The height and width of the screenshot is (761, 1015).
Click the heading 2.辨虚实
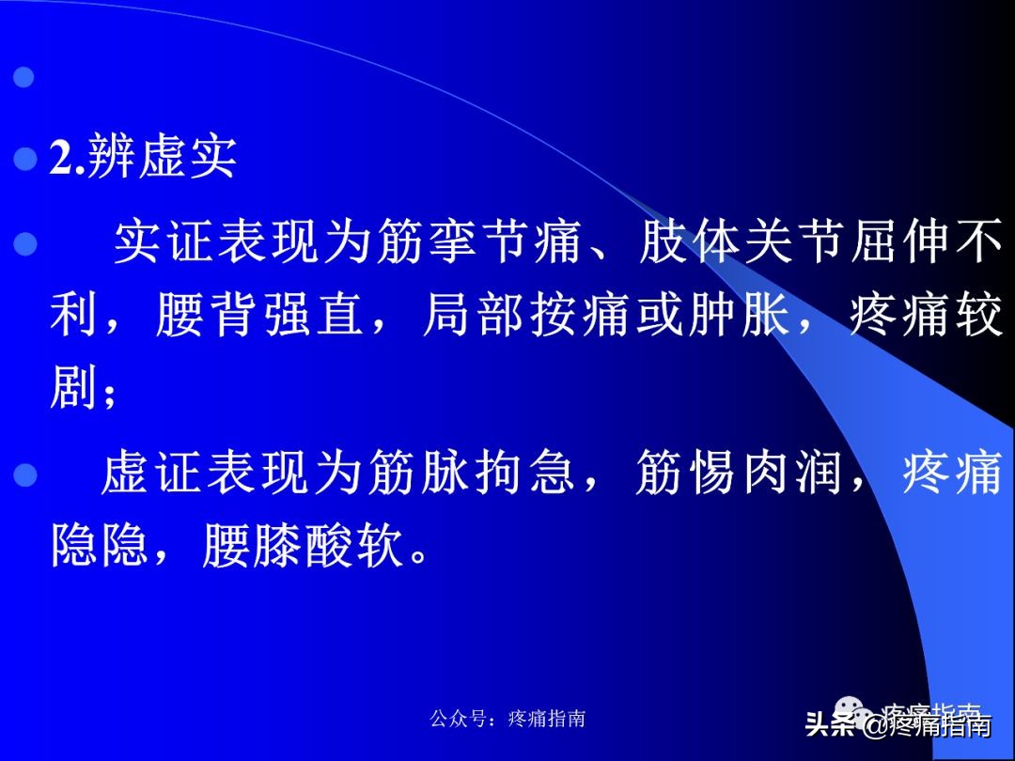tap(143, 158)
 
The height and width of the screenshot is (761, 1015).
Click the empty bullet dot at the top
tap(25, 77)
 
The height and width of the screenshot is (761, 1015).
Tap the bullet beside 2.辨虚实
tap(25, 159)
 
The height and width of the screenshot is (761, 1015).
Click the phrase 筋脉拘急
tap(470, 473)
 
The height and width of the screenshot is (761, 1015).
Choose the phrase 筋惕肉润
tap(738, 473)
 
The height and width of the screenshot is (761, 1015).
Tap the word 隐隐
tap(100, 546)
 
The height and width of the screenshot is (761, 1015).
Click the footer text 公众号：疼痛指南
tap(507, 719)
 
